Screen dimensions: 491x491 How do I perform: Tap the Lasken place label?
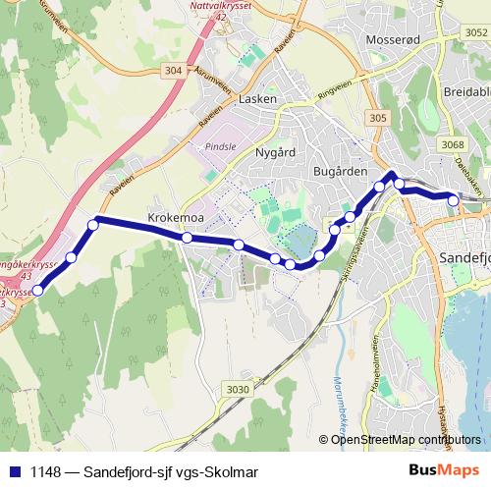pos(258,99)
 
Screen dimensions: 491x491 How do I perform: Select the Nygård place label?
pos(275,153)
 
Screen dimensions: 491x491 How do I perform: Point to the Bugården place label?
pos(339,172)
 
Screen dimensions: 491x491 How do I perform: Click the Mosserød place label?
pos(393,39)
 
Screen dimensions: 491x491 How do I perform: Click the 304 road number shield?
pos(173,70)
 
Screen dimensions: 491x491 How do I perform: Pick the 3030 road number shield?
pos(237,390)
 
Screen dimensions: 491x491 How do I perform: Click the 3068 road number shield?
pos(453,145)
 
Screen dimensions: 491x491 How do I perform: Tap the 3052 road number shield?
pos(476,33)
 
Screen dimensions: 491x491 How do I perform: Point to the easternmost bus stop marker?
pos(454,200)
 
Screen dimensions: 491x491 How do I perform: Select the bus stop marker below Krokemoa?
pos(187,237)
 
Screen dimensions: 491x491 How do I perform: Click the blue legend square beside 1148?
pos(13,471)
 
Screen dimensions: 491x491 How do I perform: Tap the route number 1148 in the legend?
pos(45,471)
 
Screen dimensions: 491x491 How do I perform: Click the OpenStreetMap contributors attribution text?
pos(407,439)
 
